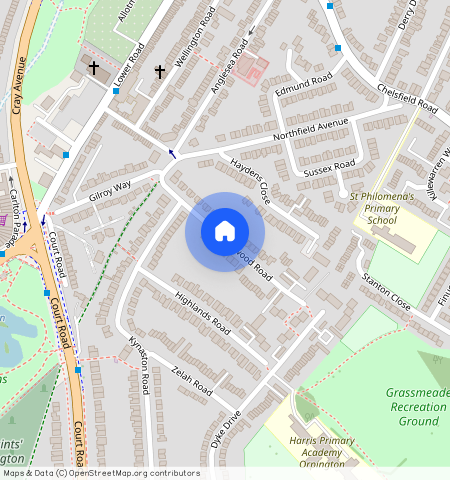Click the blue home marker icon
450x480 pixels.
point(225,231)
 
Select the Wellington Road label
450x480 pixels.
point(195,41)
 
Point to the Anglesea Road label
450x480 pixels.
point(230,67)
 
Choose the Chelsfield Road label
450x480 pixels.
point(407,98)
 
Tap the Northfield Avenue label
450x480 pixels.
point(311,128)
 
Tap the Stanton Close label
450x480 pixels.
point(386,292)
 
